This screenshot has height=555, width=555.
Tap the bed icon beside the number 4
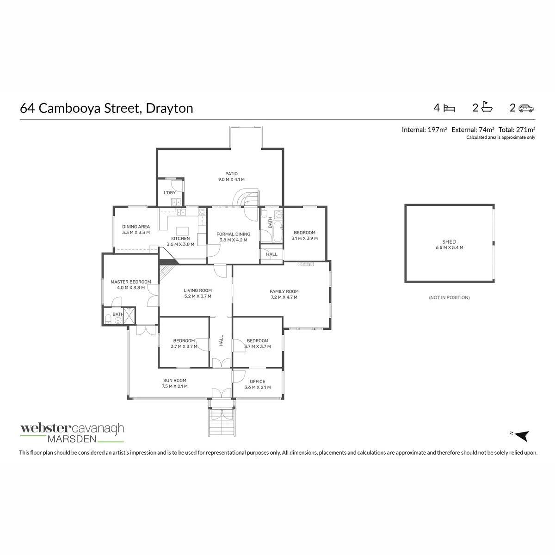[x=449, y=108]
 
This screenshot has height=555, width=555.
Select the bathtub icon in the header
[x=487, y=107]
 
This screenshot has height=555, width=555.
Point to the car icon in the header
[x=526, y=108]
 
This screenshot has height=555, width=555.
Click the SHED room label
[x=449, y=242]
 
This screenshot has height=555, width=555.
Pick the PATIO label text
[x=231, y=174]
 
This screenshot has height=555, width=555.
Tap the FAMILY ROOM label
[x=284, y=291]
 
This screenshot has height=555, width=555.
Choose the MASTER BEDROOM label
[x=131, y=282]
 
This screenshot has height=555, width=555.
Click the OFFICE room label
[x=258, y=382]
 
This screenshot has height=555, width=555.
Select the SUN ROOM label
[x=174, y=381]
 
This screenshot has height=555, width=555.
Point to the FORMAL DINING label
[x=233, y=234]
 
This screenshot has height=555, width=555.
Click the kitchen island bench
[x=182, y=231]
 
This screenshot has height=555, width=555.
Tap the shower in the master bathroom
[x=129, y=316]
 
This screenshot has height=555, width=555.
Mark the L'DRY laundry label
[x=170, y=193]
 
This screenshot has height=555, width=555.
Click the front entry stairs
[x=222, y=422]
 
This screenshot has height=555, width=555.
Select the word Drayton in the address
[x=169, y=108]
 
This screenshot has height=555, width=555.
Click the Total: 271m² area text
[x=517, y=129]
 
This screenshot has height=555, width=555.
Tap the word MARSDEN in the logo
[x=72, y=439]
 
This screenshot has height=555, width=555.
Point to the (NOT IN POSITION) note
[x=449, y=297]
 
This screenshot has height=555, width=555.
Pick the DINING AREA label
[x=136, y=227]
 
